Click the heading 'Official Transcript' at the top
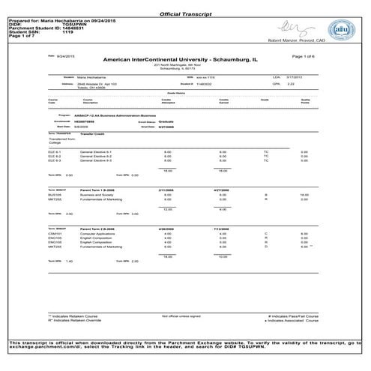point(185,13)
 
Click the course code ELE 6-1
point(54,151)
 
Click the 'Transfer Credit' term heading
point(80,135)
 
